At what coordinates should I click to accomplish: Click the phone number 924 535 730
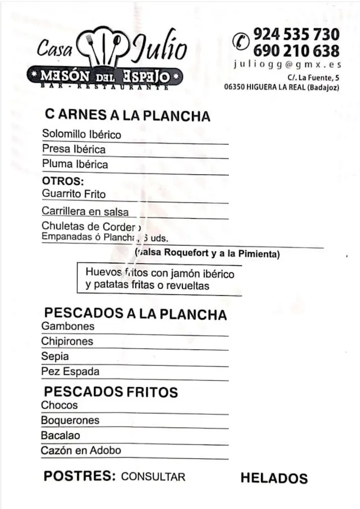[296, 34]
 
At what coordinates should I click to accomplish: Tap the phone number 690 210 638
[296, 51]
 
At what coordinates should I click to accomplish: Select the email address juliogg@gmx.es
[287, 65]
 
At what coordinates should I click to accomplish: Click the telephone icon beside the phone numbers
[241, 41]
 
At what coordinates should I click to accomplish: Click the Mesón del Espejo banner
[104, 77]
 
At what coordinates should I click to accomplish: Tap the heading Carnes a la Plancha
[127, 115]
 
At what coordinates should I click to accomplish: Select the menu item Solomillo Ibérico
[82, 134]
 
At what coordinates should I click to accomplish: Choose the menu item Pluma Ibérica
[75, 164]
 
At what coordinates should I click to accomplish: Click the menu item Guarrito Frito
[74, 194]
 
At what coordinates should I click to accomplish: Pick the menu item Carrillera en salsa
[85, 211]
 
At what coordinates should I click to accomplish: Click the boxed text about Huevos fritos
[159, 279]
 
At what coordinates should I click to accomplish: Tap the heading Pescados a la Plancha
[135, 314]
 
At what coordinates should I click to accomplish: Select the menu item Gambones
[68, 327]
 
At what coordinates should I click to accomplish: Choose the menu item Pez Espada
[70, 371]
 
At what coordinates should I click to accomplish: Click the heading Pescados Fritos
[111, 392]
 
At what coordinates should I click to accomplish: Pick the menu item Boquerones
[70, 421]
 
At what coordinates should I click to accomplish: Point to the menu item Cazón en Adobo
[81, 451]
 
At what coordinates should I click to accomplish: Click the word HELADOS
[274, 478]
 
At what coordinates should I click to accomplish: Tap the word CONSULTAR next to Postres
[153, 477]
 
